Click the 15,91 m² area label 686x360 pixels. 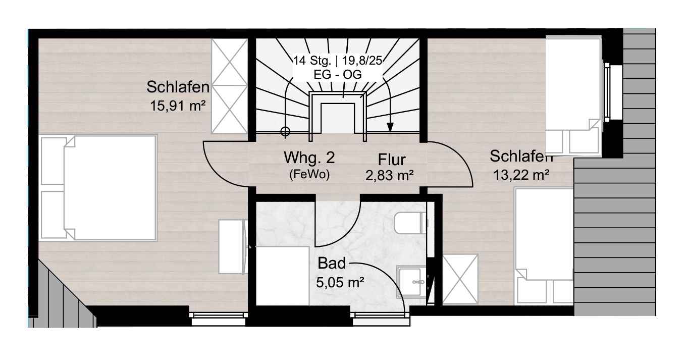[178, 106]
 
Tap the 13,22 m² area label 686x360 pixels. [521, 175]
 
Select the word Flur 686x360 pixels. [392, 160]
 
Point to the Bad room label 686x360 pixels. [332, 263]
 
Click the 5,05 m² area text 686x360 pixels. [340, 282]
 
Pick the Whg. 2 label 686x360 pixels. [309, 158]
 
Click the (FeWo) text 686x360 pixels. [309, 174]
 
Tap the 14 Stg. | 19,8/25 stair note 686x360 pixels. [338, 61]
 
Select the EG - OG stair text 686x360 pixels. [338, 74]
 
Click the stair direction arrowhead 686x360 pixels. [390, 127]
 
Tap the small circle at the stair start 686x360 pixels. [285, 132]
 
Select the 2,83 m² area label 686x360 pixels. [390, 176]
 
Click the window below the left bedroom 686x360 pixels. [219, 319]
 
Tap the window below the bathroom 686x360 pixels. [381, 319]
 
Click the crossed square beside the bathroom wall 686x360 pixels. [460, 279]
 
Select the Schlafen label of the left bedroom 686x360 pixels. [178, 87]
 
